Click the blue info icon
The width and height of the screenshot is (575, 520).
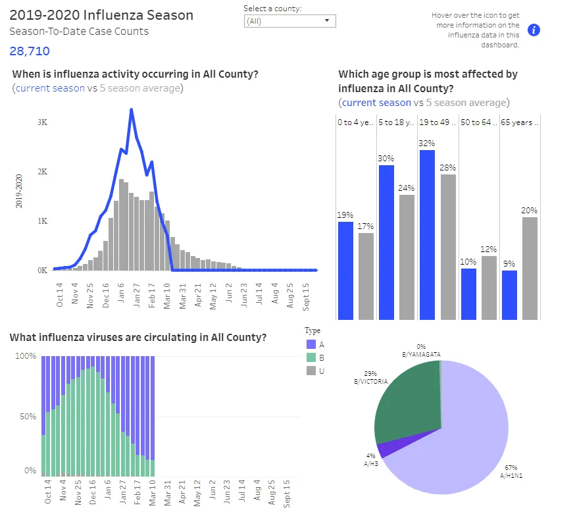click(534, 30)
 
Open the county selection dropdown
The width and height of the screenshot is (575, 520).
click(289, 21)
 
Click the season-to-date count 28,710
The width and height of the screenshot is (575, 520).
click(30, 51)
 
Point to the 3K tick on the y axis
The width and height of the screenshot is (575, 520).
click(43, 122)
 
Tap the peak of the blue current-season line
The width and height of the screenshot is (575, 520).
click(132, 109)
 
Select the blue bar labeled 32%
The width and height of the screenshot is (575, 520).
click(427, 235)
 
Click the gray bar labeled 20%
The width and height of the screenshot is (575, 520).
click(530, 269)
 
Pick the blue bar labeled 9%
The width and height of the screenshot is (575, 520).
click(509, 295)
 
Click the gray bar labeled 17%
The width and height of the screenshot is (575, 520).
click(366, 276)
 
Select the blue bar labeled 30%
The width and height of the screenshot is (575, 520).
click(386, 243)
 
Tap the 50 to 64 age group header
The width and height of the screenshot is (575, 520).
click(478, 122)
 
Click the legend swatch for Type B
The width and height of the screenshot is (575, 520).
click(311, 357)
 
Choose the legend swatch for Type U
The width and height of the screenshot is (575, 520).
click(311, 371)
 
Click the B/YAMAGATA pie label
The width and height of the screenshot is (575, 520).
click(421, 355)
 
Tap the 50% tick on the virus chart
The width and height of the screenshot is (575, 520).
click(28, 417)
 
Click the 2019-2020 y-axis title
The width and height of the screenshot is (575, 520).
click(19, 191)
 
